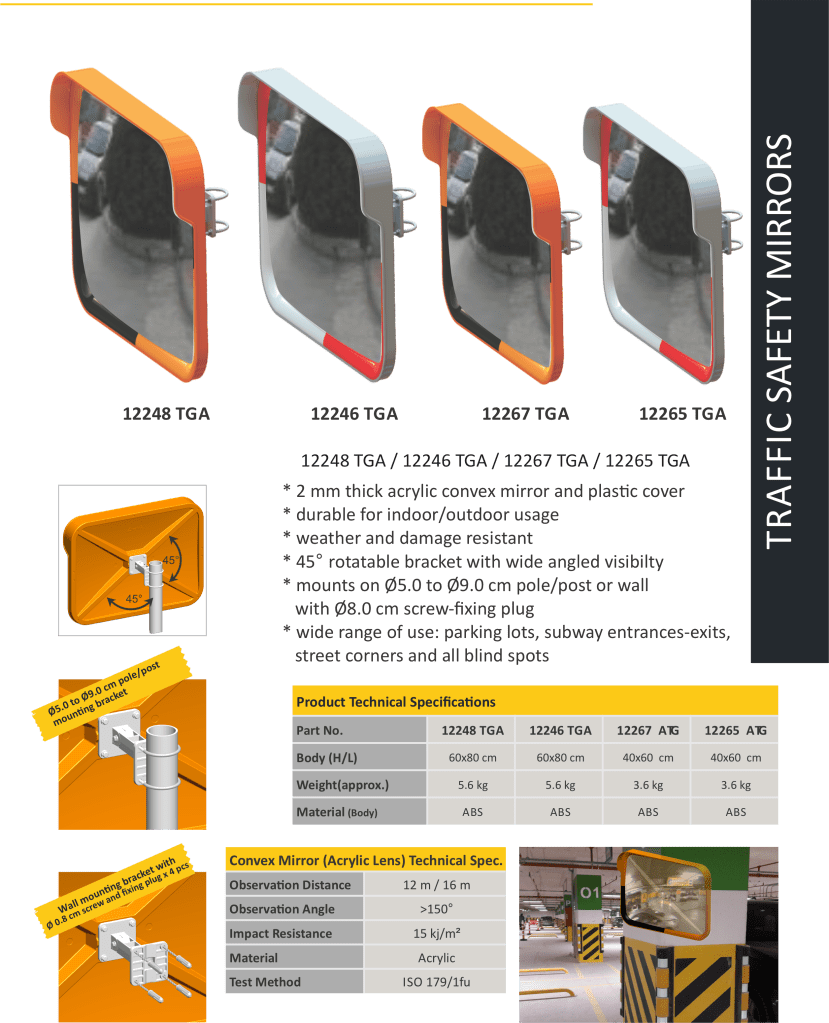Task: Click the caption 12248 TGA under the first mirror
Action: pos(166,414)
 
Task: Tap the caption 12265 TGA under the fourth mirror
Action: pos(682,414)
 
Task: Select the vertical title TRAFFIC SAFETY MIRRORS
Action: pos(779,341)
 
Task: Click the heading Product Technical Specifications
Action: pos(396,702)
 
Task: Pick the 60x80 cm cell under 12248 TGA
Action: pos(472,757)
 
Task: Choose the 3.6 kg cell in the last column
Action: pos(736,785)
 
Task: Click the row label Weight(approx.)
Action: pos(342,785)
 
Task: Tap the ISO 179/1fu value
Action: pos(436,982)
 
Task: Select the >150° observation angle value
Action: pos(436,909)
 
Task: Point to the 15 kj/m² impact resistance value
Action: pos(436,934)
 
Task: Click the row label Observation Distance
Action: pos(290,885)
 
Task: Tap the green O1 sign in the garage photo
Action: pos(590,892)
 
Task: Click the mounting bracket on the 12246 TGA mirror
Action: pos(404,212)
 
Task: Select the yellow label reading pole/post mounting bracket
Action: pos(111,694)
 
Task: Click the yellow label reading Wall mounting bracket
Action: pos(116,891)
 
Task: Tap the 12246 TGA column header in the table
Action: pos(560,731)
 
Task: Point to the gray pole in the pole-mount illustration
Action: pos(162,776)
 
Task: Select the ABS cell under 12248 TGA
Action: pos(472,812)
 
